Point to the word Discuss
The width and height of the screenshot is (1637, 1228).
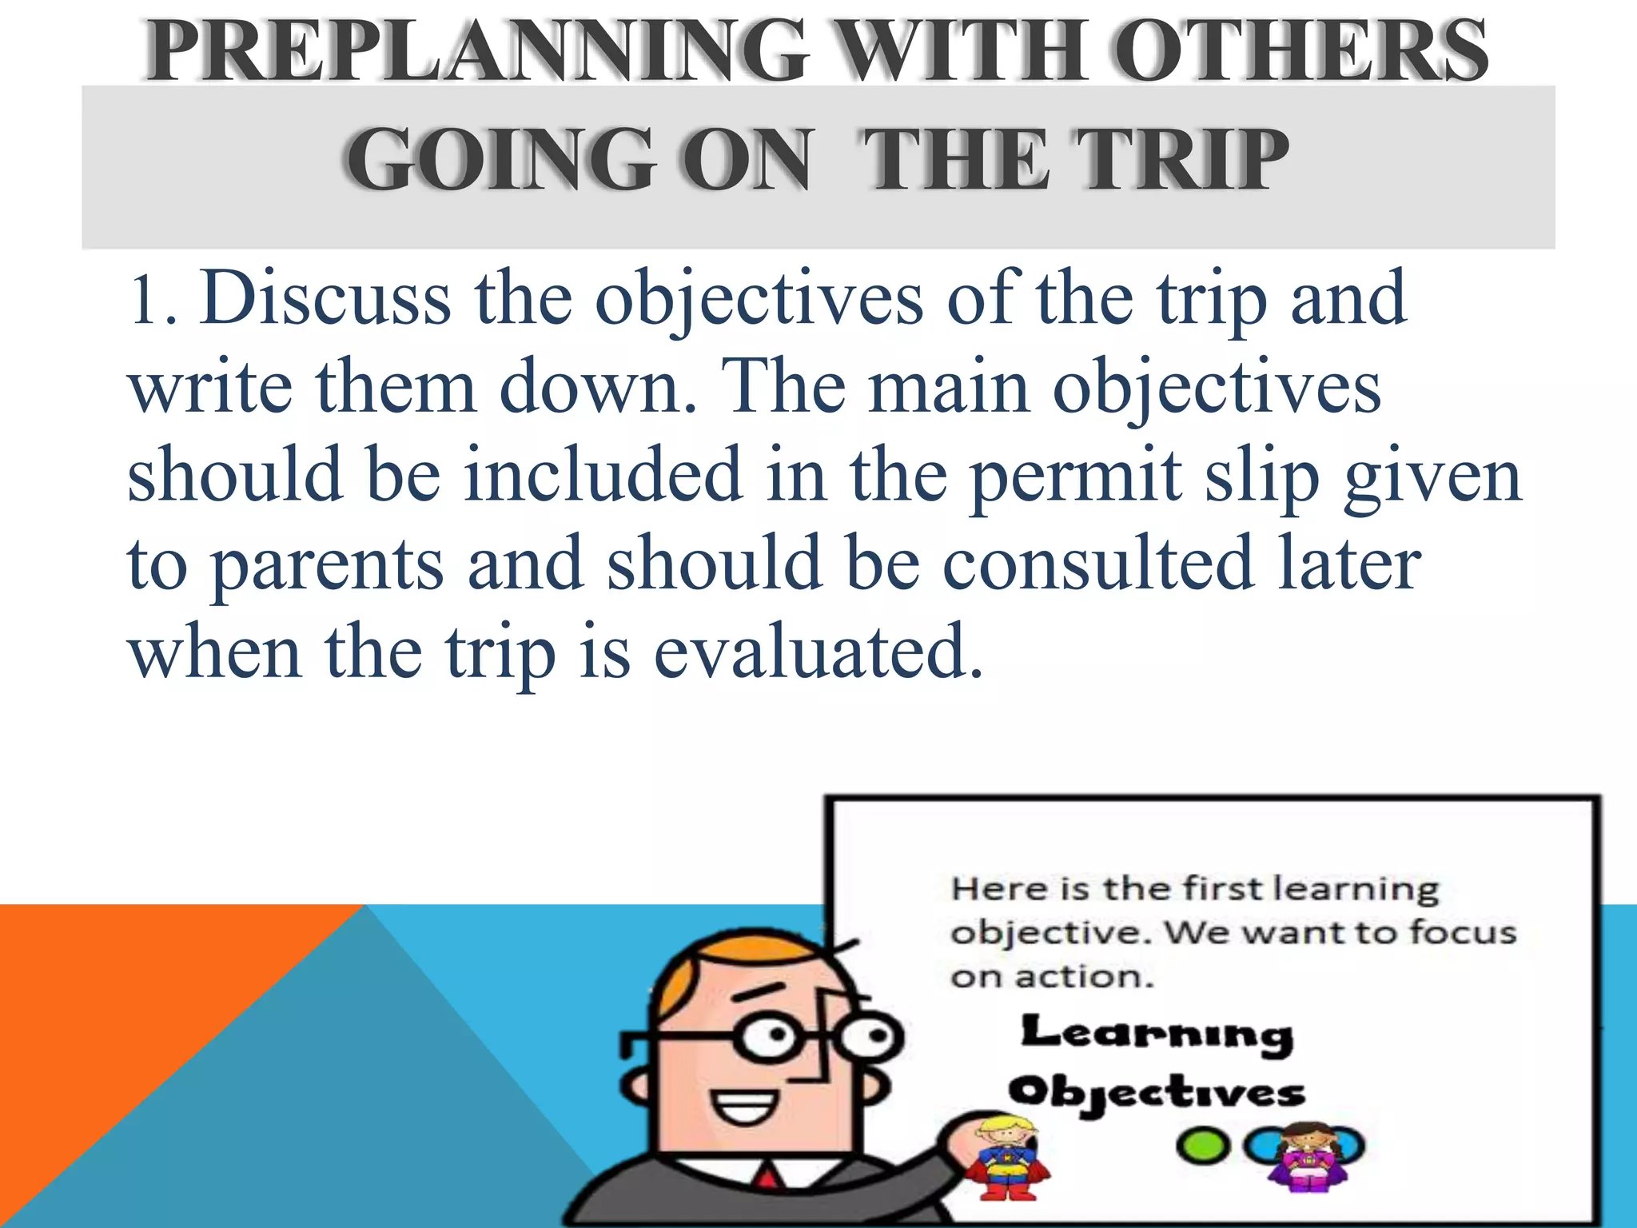[x=325, y=297]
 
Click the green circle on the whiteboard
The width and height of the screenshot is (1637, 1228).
[x=1201, y=1146]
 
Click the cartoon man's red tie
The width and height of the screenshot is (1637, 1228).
[x=767, y=1180]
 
